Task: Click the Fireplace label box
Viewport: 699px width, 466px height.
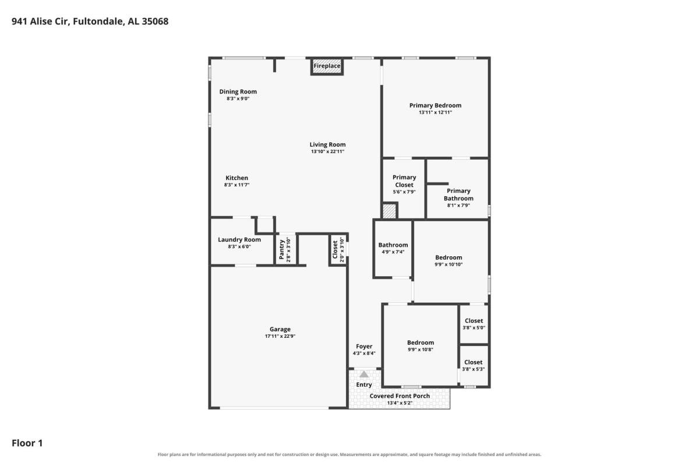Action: (327, 66)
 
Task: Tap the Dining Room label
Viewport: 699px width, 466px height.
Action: (238, 91)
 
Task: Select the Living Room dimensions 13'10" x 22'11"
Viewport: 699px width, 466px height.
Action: (327, 151)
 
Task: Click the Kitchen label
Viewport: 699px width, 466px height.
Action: (237, 178)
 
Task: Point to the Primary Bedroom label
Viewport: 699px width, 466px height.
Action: (435, 105)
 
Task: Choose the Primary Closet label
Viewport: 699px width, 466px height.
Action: (404, 181)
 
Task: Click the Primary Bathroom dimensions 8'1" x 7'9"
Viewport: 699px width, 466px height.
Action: (458, 206)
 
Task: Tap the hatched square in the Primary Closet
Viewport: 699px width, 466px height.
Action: (390, 211)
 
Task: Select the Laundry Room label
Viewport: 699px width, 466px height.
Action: (239, 240)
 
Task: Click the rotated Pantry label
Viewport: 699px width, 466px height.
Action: (282, 249)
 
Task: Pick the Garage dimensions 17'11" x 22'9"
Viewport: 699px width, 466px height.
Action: (280, 336)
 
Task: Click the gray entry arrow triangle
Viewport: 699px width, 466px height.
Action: (364, 374)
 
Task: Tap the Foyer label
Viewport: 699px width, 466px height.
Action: (364, 347)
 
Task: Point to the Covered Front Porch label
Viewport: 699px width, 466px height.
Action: (400, 396)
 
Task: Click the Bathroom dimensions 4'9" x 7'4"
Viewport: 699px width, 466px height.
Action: (393, 252)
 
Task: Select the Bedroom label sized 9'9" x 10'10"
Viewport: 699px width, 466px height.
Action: (449, 257)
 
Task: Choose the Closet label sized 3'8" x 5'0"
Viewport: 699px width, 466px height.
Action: (474, 321)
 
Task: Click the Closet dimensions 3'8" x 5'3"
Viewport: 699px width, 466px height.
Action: (474, 369)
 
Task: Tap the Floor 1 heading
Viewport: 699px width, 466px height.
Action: (27, 443)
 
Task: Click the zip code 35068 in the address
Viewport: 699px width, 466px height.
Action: (155, 21)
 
